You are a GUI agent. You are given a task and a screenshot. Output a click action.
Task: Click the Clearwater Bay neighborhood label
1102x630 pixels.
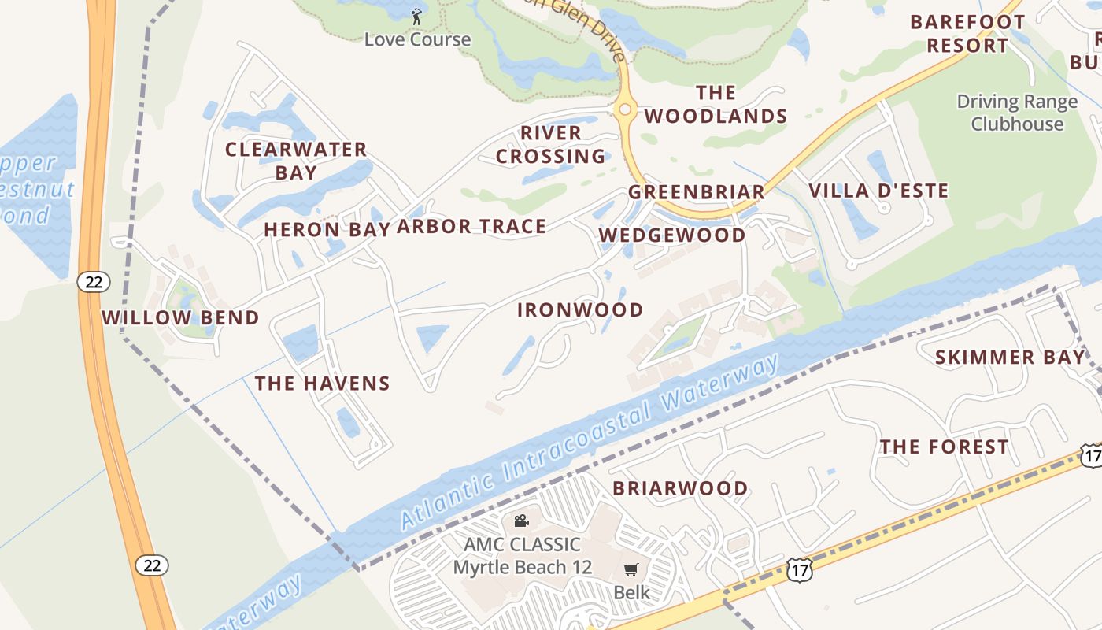[x=296, y=161]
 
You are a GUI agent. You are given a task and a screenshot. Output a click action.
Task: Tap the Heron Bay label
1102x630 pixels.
[x=327, y=229]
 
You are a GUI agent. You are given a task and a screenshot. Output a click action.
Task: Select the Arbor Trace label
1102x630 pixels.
[x=471, y=227]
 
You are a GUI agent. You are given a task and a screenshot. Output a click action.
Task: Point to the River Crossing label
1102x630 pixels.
[x=551, y=144]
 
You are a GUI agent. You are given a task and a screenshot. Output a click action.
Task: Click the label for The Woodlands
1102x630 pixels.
[x=716, y=105]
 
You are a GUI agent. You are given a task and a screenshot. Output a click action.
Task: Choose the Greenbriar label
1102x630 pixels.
[x=696, y=192]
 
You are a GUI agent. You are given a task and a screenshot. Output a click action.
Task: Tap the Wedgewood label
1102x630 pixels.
[x=671, y=235]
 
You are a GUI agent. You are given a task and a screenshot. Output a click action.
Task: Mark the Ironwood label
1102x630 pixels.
[x=580, y=309]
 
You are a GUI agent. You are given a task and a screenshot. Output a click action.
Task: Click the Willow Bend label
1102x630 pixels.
[x=180, y=317]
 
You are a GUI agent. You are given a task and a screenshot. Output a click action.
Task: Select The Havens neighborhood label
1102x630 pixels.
[x=322, y=384]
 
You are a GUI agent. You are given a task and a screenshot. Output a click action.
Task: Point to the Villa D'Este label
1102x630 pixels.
[x=878, y=191]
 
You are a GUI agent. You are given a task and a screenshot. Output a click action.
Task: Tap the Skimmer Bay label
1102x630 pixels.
[x=1010, y=358]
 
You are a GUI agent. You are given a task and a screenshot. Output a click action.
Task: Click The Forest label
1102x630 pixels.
[x=944, y=447]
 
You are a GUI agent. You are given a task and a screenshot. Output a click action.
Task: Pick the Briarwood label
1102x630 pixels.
[x=680, y=488]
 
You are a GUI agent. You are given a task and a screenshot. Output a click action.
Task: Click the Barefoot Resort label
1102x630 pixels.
[x=967, y=33]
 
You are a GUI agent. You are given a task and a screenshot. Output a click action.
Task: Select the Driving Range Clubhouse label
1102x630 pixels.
[x=1017, y=113]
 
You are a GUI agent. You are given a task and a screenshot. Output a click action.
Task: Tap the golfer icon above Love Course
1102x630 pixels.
[x=416, y=16]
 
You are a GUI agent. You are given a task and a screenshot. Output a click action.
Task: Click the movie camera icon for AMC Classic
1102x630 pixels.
[x=521, y=521]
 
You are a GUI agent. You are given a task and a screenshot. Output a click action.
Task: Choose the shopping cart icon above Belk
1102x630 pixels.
[x=631, y=569]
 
